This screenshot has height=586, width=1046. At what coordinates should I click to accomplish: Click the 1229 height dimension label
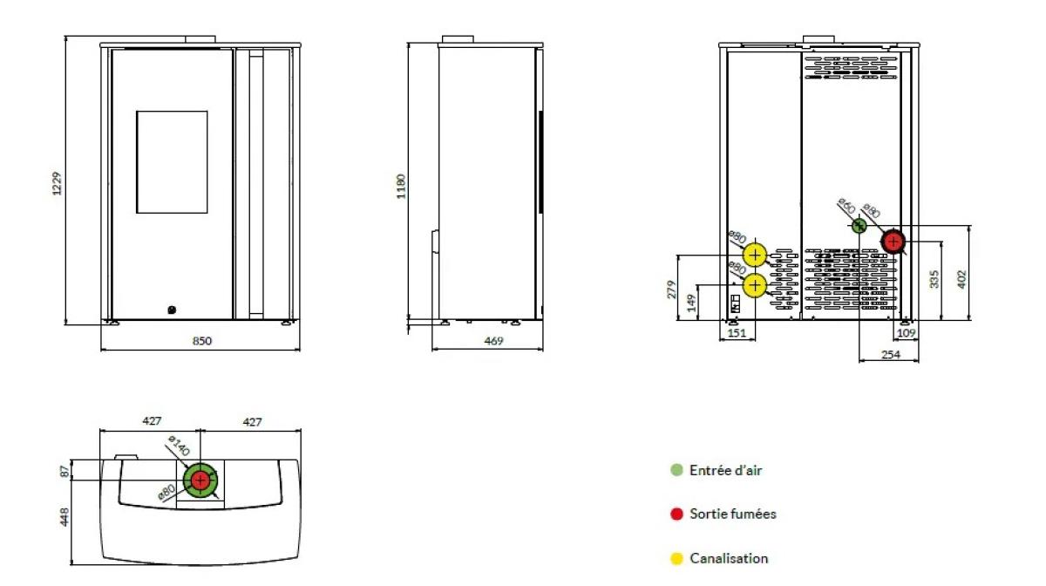pyautogui.click(x=57, y=184)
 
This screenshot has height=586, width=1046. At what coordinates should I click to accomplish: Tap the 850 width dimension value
pyautogui.click(x=201, y=341)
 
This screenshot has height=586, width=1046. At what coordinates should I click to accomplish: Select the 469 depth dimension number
pyautogui.click(x=493, y=341)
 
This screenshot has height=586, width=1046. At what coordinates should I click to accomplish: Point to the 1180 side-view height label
pyautogui.click(x=401, y=187)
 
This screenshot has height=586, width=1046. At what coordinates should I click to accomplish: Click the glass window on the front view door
pyautogui.click(x=172, y=162)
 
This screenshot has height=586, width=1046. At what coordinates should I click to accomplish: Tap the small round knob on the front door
pyautogui.click(x=172, y=310)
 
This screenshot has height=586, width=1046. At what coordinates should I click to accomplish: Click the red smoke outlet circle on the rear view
pyautogui.click(x=893, y=242)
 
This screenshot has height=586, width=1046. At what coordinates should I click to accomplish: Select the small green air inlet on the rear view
pyautogui.click(x=859, y=226)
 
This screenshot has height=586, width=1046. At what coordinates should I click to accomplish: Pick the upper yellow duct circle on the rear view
pyautogui.click(x=755, y=256)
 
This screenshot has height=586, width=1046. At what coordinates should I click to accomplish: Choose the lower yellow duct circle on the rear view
pyautogui.click(x=755, y=285)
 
